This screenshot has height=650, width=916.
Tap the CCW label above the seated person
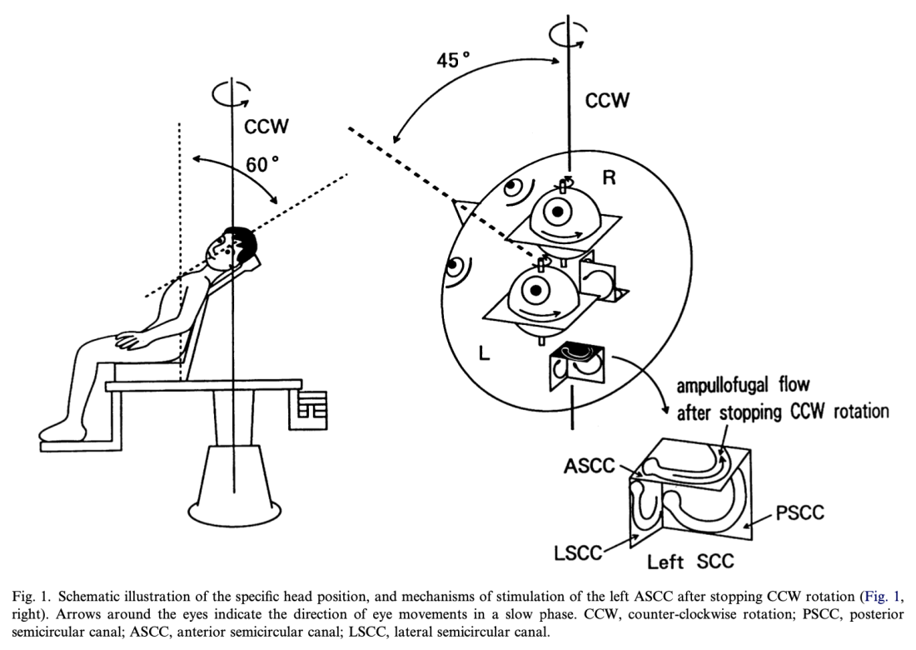click(266, 126)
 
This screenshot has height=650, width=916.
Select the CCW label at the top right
click(608, 101)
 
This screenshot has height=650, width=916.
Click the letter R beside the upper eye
click(609, 179)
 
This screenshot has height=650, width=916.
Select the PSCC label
click(799, 512)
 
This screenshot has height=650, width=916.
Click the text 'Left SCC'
click(691, 561)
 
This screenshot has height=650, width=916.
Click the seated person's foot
click(58, 429)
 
